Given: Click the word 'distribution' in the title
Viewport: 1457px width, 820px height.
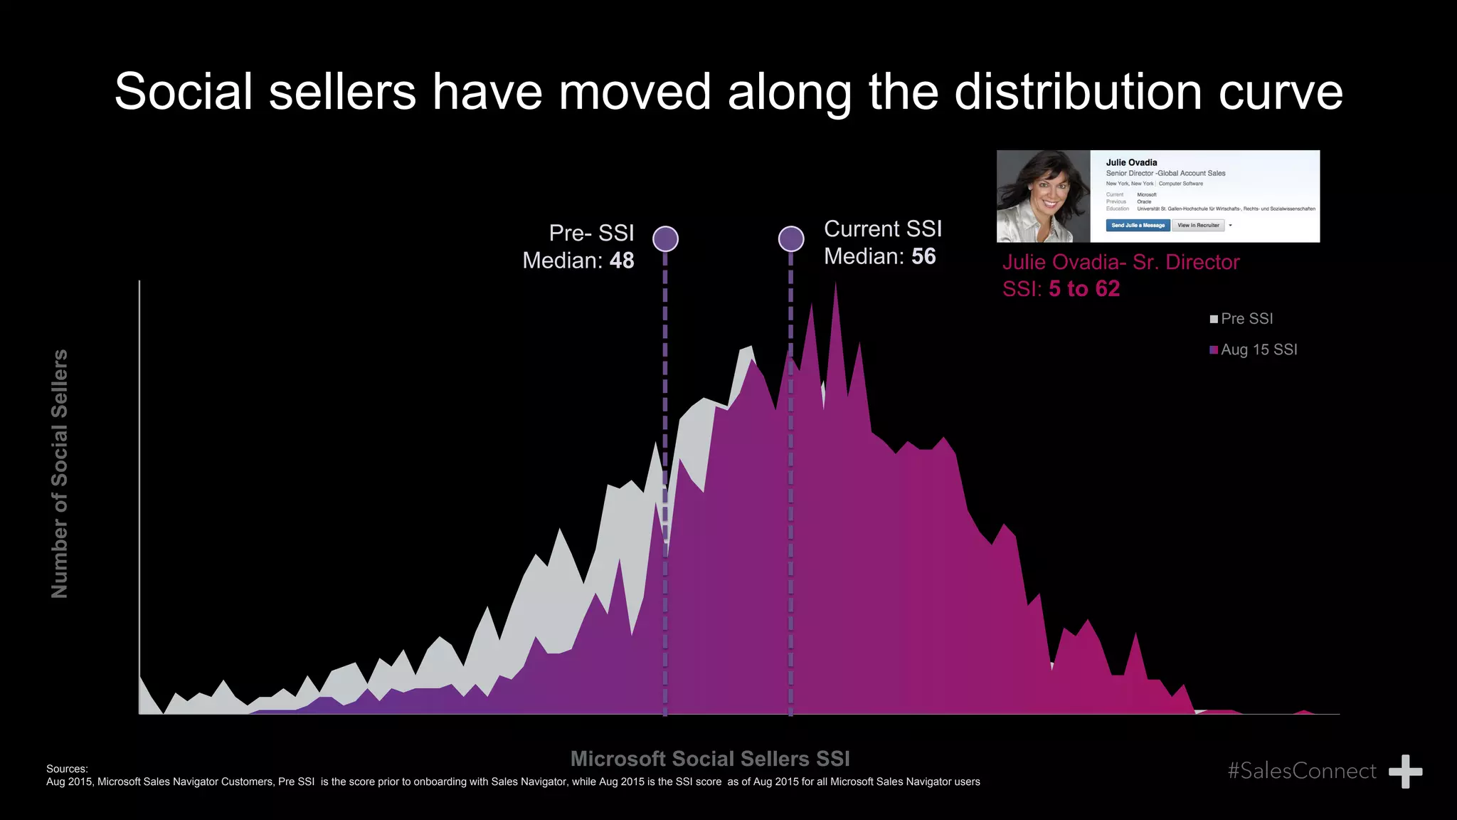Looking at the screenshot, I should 1078,92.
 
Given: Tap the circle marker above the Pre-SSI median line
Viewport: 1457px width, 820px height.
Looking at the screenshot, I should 665,238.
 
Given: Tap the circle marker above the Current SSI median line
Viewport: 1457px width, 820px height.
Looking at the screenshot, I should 791,238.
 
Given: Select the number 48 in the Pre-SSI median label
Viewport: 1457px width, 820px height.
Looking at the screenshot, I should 622,261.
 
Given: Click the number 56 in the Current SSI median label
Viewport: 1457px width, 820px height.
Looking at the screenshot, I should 923,256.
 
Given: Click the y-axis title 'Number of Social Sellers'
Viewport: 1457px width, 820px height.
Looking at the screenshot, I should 60,473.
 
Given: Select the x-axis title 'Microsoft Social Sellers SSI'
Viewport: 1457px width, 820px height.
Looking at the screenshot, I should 710,759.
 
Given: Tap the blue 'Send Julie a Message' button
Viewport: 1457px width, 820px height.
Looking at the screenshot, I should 1138,225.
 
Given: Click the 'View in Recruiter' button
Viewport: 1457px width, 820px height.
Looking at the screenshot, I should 1198,225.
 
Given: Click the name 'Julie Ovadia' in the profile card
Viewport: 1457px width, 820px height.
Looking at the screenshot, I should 1131,162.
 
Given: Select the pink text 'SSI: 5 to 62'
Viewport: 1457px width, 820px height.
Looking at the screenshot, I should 1061,289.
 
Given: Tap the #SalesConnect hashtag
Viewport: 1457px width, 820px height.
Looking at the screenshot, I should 1301,771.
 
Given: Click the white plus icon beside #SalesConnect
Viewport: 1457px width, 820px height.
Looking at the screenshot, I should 1405,772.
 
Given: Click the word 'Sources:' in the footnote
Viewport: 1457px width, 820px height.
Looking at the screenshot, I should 67,769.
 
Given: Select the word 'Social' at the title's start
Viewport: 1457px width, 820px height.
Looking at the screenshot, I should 184,92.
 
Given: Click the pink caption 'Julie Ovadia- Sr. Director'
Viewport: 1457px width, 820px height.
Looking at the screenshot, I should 1120,262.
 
